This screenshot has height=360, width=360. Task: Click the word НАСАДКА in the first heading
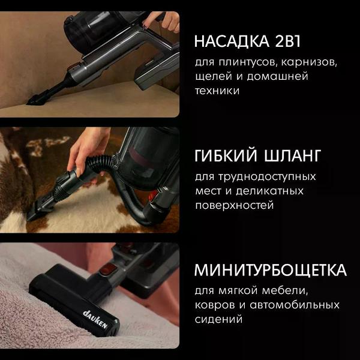pos(232,41)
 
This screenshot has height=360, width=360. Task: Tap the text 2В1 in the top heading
pos(287,41)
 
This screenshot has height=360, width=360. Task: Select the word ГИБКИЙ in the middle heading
pos(226,155)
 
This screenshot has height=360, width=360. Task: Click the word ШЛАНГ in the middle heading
pos(293,155)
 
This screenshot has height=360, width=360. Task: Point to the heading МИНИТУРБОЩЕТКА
pos(271,270)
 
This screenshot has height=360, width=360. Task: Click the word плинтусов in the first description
pos(245,62)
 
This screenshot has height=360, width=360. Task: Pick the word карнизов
pos(309,62)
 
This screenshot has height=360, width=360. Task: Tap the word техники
pos(217,91)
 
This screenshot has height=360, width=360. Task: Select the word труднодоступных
pos(267,178)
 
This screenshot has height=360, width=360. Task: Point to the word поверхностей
pos(235,205)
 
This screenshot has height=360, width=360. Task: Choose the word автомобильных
pos(295,305)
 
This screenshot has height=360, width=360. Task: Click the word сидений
pos(218,320)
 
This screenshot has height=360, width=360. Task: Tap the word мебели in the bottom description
pos(284,291)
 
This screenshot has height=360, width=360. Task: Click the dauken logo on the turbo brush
pos(95,319)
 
